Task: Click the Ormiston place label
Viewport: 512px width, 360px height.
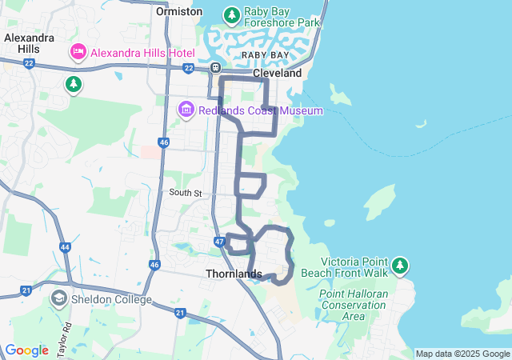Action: coord(180,12)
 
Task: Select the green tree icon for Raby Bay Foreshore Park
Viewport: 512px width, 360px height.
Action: coord(232,14)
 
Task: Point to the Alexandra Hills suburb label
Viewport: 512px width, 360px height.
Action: coord(30,43)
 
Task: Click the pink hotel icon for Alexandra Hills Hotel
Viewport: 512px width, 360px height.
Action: coord(78,53)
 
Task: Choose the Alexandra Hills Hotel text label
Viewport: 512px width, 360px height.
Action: coord(142,53)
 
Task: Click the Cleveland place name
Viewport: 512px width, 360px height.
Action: coord(277,73)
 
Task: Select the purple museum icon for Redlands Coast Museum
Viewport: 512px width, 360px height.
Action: coord(186,109)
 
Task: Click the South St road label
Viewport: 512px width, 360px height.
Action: coord(186,193)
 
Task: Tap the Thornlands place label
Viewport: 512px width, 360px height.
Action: coord(234,274)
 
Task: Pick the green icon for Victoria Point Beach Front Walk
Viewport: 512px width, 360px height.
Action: coord(400,265)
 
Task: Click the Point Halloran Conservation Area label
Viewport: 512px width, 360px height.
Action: coord(354,305)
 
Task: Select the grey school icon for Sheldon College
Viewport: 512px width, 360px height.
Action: coord(58,299)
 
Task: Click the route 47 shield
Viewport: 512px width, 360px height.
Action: coord(219,241)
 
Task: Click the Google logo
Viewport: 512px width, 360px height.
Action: coord(26,350)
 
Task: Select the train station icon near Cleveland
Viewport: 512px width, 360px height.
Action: coord(216,68)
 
